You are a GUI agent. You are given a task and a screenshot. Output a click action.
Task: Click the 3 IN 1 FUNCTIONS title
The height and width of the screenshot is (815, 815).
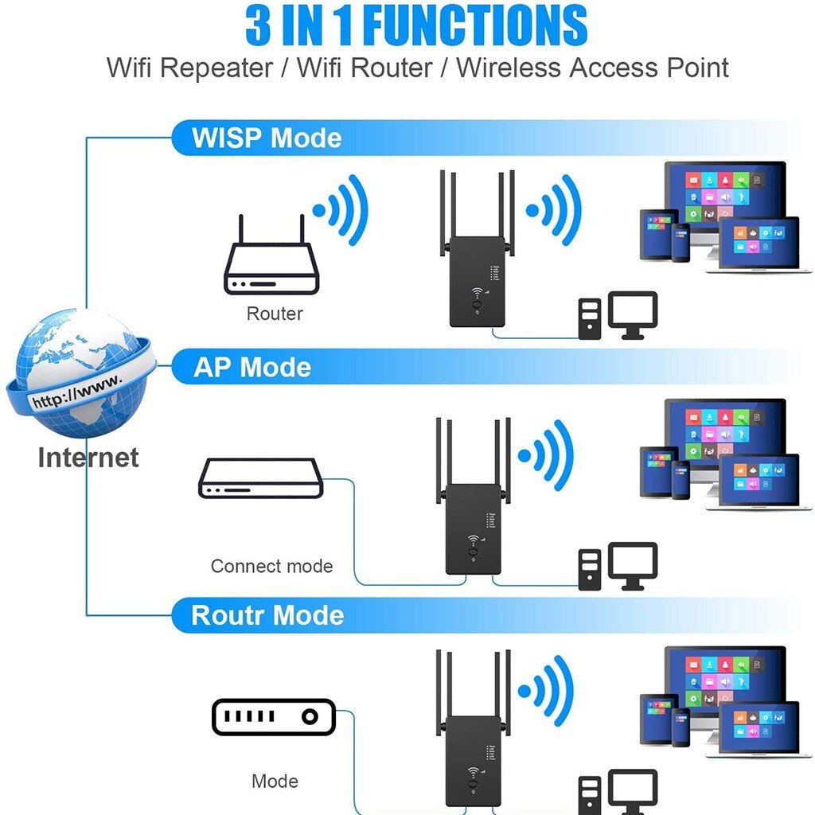coord(416,25)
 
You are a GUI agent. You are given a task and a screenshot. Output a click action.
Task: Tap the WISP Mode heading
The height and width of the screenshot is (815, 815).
coord(267,138)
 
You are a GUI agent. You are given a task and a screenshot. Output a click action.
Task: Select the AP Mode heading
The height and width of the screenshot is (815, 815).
coord(252,367)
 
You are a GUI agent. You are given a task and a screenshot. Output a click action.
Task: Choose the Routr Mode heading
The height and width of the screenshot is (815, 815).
coord(267,615)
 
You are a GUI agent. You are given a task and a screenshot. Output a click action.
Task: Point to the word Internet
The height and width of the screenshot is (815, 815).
coord(88,458)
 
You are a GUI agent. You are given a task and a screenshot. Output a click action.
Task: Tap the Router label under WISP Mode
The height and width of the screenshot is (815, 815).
coord(275,314)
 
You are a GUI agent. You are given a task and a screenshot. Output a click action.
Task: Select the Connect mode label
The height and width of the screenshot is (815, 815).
coord(271,567)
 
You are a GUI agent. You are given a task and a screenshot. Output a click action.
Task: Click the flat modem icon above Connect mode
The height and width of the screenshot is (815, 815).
coord(261,478)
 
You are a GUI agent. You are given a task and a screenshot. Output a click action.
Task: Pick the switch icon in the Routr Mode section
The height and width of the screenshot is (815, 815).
coord(273,717)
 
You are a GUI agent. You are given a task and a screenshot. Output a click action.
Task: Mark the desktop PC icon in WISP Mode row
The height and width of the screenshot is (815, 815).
coord(618,316)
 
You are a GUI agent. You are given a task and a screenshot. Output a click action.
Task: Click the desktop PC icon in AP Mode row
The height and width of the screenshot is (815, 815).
coord(618,565)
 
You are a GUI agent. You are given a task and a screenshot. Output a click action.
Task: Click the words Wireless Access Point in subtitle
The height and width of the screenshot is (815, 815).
coord(592,68)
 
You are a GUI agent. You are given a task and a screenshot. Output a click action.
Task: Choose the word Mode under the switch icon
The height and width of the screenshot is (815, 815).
coord(275,782)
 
